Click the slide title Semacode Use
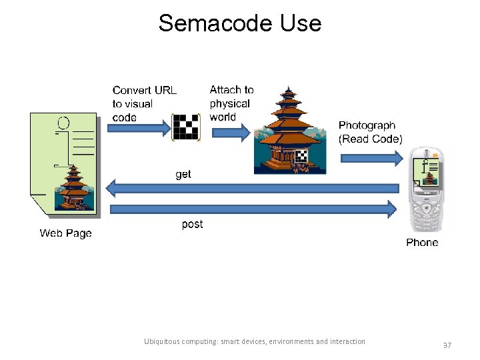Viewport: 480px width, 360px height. [x=240, y=23]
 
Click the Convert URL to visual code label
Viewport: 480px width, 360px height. [x=144, y=104]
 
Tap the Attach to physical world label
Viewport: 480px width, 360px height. [x=231, y=103]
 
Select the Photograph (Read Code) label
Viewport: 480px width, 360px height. [x=370, y=132]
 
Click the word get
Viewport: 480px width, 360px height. [x=183, y=174]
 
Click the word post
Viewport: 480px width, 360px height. [x=192, y=224]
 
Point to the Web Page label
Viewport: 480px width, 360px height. [x=65, y=233]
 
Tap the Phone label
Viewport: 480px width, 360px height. [x=422, y=243]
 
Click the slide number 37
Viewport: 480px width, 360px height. [x=446, y=345]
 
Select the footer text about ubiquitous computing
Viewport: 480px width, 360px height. [x=255, y=341]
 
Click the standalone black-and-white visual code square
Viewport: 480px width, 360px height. [x=186, y=127]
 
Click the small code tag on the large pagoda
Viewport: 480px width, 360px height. [x=301, y=157]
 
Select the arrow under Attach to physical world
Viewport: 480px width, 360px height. [x=230, y=132]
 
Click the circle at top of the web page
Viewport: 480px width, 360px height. [x=63, y=123]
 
